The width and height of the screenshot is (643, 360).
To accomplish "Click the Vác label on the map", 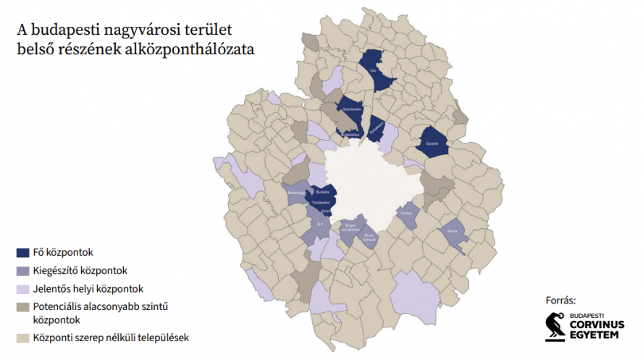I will [373, 72].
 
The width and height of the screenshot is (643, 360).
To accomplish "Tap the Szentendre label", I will [352, 109].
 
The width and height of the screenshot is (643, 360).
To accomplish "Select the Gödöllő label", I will [433, 143].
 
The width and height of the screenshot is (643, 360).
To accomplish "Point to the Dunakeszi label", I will [376, 131].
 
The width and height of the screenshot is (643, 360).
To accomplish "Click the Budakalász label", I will [350, 134].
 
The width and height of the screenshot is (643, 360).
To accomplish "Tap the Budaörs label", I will [323, 191].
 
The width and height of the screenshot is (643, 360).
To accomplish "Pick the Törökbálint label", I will [320, 203].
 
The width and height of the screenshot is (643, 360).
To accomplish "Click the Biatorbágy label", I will [297, 193].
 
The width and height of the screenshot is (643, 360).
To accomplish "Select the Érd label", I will [320, 224].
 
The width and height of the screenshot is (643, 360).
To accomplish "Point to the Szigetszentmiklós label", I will [352, 227].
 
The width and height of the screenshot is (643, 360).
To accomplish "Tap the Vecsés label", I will [406, 213].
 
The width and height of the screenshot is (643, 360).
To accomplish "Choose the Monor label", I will [453, 231].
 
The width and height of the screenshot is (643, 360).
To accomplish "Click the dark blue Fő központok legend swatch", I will [22, 253].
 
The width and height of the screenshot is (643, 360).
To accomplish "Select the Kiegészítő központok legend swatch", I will [22, 272].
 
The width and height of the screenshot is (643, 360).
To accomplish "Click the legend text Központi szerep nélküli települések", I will [109, 338].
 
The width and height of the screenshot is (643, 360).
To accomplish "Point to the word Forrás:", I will [561, 300].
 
